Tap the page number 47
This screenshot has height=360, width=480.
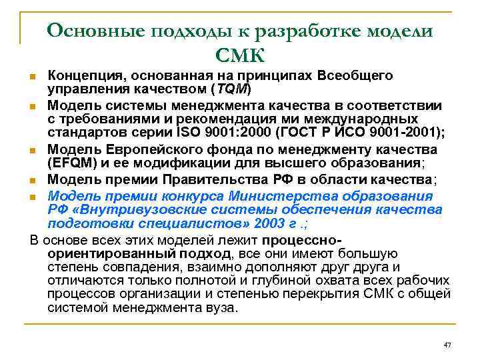point(447,344)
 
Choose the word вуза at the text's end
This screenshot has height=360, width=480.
point(221,308)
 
